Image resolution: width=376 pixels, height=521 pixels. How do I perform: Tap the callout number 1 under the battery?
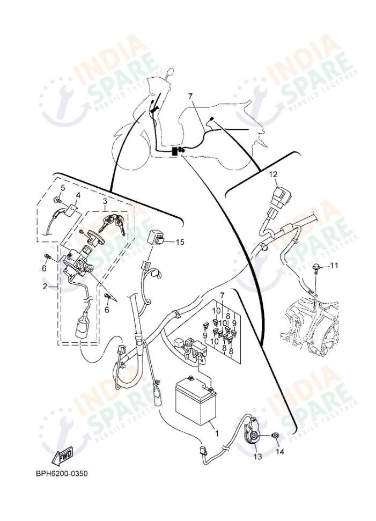point(216,432)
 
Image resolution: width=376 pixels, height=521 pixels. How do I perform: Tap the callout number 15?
point(180,243)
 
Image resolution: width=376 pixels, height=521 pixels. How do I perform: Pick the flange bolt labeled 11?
point(316,268)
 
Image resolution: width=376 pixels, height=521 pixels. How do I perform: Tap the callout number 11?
point(334,266)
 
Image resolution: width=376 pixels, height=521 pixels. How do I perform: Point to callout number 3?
point(105,201)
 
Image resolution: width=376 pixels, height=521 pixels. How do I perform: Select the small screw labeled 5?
point(57,201)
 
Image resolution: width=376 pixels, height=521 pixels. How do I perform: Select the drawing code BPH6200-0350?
point(62,474)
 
